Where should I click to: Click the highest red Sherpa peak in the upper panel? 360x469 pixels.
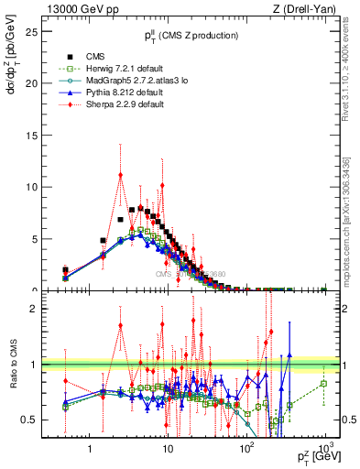click(120, 176)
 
